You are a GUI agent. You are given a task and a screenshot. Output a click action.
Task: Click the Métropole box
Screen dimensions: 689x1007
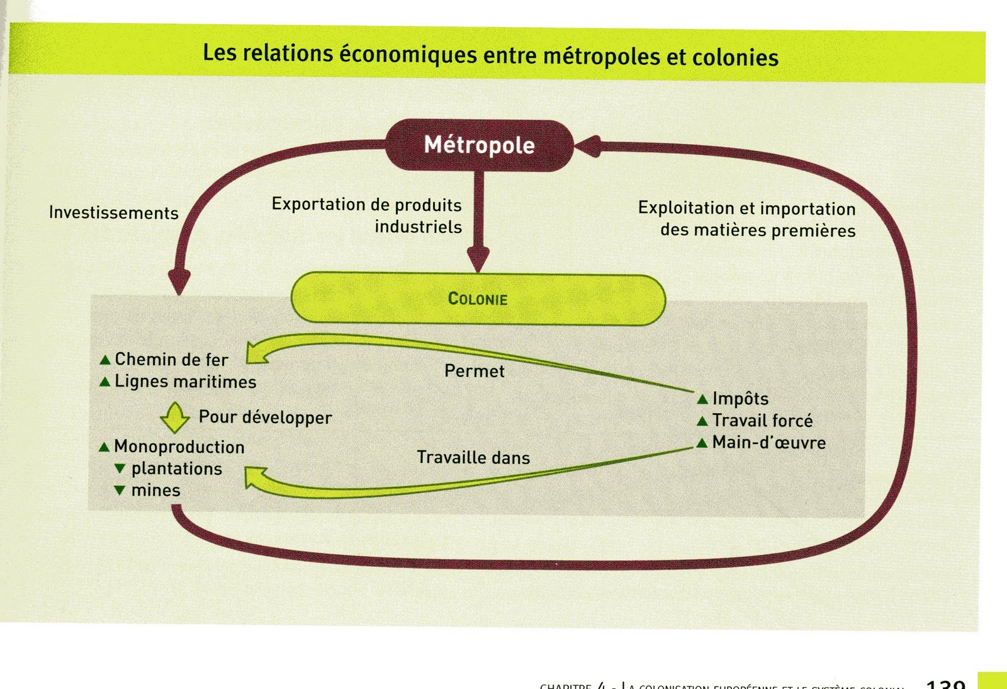point(479,145)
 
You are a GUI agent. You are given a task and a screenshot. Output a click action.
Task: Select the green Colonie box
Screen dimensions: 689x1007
point(478,299)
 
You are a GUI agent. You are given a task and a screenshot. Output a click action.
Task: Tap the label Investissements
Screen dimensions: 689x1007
point(113,213)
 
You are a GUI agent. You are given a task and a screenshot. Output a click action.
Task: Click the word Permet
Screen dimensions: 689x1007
point(474,371)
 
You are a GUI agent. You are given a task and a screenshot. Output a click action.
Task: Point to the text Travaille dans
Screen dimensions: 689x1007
point(473,458)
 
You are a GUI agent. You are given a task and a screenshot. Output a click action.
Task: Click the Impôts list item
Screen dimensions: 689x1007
point(740,399)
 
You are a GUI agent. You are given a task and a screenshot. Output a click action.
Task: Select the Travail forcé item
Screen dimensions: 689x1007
point(762,421)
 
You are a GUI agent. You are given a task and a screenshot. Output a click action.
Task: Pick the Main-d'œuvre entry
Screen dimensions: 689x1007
point(768,443)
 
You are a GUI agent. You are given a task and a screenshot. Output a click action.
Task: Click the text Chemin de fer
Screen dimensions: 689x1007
point(171,360)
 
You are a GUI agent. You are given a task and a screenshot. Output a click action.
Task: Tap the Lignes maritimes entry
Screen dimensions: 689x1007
point(185,382)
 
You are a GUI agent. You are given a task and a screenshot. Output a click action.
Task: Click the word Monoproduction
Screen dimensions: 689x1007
point(179,447)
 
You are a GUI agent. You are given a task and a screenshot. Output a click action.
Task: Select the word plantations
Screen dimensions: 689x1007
point(176,469)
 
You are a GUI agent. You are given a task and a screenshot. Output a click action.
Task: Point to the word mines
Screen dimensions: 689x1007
point(155,491)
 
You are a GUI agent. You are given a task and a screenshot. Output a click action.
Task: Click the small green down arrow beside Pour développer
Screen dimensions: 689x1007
point(174,418)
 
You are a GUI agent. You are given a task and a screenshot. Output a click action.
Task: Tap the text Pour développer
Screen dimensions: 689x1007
point(265,418)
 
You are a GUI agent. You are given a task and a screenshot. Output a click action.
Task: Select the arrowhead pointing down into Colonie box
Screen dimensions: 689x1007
point(478,258)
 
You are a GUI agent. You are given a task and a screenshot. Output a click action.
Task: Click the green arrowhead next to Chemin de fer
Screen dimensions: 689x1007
point(256,353)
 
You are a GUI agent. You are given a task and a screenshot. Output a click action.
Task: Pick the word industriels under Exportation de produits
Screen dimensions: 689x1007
point(418,227)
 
